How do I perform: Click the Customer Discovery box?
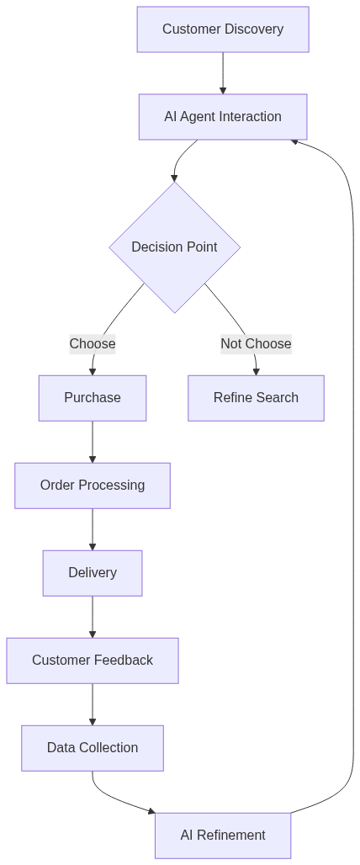point(223,29)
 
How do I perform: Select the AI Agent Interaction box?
point(223,117)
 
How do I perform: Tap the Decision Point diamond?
point(174,247)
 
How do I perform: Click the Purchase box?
point(93,398)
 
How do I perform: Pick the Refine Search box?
point(256,398)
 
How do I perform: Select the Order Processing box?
point(93,486)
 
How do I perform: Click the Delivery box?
point(93,573)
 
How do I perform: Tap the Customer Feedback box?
point(93,661)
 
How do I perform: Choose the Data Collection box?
point(93,748)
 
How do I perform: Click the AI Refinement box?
point(223,836)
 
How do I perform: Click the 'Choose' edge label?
point(93,343)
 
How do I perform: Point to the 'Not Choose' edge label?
point(256,343)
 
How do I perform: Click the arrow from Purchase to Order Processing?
point(93,442)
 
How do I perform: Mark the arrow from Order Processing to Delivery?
point(93,529)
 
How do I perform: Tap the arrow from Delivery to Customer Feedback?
point(93,617)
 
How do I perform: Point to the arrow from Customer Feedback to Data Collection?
point(93,704)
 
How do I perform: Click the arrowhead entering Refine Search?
point(256,371)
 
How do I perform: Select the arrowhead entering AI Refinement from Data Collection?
point(151,811)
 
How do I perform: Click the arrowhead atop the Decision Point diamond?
point(174,178)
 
